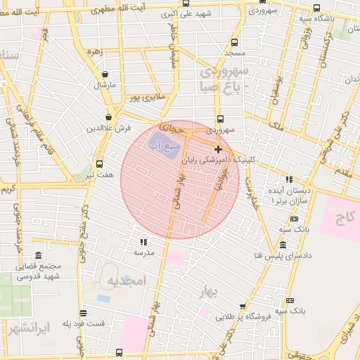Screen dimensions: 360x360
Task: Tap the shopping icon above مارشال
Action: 105,73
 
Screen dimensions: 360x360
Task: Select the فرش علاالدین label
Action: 109,129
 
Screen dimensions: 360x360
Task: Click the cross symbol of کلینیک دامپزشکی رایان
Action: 218,149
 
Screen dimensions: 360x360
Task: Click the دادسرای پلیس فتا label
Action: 282,255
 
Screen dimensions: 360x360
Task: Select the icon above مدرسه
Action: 144,240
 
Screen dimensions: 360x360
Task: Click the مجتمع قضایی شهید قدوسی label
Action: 38,271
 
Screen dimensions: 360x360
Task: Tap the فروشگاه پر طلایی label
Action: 243,317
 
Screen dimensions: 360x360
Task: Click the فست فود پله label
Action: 83,323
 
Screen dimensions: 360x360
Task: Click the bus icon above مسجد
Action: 234,41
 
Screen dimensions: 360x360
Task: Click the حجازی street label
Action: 171,129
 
